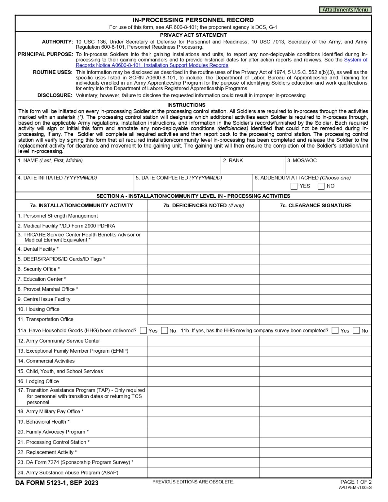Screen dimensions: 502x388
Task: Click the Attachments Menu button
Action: pos(345,10)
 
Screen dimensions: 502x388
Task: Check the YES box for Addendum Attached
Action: pos(294,186)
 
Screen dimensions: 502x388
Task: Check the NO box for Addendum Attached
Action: pos(321,186)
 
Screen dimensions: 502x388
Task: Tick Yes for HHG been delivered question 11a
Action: pos(143,330)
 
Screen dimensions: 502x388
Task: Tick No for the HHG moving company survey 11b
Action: pos(356,330)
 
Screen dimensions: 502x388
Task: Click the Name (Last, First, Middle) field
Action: pos(118,168)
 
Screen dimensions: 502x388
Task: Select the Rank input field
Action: pos(253,168)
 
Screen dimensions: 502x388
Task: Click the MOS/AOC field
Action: pos(328,168)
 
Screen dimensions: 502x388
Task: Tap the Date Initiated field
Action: pos(75,186)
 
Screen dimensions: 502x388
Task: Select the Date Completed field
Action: pos(193,186)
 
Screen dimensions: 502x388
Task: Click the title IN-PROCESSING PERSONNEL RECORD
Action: pos(193,20)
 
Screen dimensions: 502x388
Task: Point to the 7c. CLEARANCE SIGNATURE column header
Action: pos(315,206)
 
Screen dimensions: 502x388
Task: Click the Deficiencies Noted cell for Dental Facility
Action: pos(203,249)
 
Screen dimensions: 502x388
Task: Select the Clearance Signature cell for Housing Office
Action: pos(315,309)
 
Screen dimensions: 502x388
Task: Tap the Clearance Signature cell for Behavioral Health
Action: pos(315,422)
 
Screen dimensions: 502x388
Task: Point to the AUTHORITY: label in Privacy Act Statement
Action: pos(57,42)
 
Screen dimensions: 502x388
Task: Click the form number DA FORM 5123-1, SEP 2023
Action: pos(57,483)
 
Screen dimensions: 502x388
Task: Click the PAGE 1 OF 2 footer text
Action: pos(356,482)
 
